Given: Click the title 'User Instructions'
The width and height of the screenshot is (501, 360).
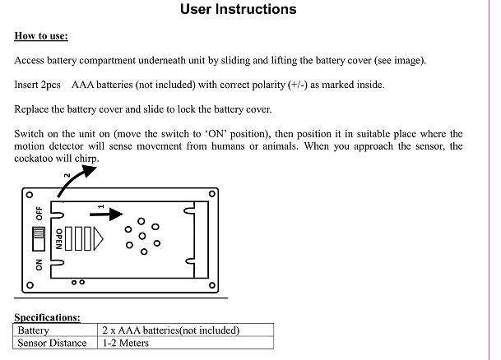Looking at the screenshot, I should coord(239,11).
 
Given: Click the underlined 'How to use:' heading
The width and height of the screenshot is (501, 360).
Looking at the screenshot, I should coord(41,37).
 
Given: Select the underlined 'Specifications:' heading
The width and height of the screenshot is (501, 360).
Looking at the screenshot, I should coord(47,317).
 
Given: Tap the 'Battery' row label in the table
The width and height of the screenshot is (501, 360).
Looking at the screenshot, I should coord(34,330).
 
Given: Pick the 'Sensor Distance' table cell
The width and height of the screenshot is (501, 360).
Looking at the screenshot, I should coord(52,343).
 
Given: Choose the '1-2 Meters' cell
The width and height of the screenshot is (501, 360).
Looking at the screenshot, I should coord(126,343).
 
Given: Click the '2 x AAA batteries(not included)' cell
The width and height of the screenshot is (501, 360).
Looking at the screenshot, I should coord(170,330).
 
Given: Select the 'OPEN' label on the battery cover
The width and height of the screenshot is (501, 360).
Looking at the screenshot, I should coord(58,239).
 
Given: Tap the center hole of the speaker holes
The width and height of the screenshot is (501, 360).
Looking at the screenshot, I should coord(141,236).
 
